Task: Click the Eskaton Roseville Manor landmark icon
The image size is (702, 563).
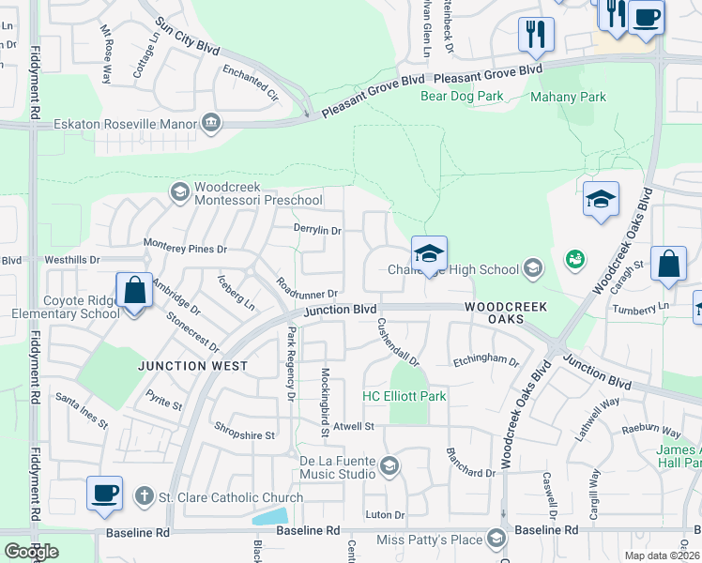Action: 210,123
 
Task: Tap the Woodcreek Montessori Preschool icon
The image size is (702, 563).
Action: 179,192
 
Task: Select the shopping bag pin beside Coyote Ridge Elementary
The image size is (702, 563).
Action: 134,291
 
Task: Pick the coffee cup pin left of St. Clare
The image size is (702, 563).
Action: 104,495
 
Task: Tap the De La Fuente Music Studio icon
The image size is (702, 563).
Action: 389,465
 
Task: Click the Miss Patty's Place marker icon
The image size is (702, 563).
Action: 496,539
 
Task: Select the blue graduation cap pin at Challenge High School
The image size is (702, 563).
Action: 429,254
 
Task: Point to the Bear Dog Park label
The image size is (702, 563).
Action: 462,96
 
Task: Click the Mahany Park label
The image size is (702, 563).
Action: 568,97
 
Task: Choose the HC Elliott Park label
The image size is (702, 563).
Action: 404,397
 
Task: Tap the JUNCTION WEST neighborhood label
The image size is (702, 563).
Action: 194,366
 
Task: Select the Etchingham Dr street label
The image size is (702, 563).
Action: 485,360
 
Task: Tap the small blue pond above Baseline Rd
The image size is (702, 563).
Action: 270,515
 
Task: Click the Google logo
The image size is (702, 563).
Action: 31,552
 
